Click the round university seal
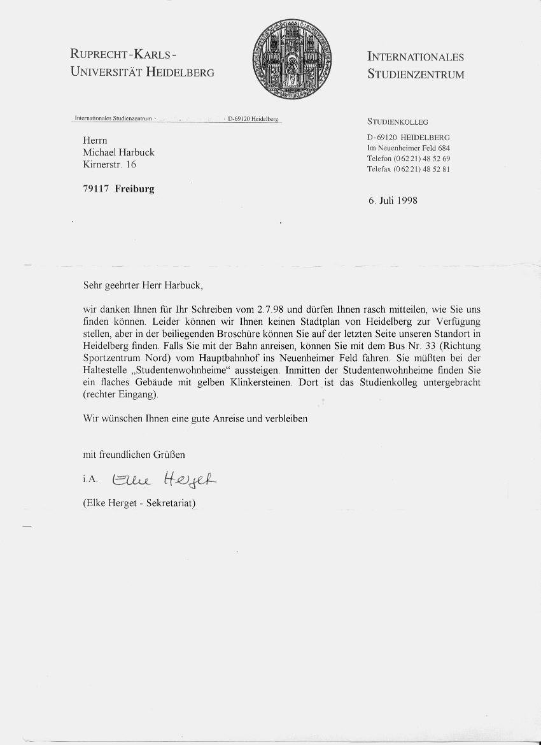point(292,58)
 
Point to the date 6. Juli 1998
point(393,200)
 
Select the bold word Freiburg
point(134,188)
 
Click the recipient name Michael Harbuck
point(118,152)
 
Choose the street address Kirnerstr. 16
point(109,164)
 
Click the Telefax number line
point(409,169)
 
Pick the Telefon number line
point(409,158)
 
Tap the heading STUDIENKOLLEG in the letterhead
point(398,122)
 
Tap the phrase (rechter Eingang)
point(119,394)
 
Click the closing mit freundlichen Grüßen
point(134,455)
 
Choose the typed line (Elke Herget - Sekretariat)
point(139,503)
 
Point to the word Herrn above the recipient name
point(95,140)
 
